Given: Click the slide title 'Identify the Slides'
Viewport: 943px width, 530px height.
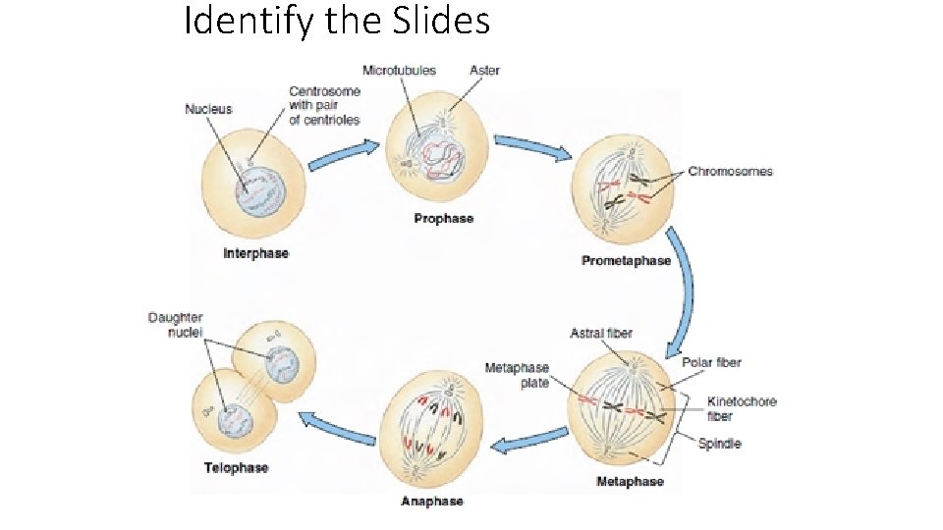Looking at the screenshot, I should pos(337,22).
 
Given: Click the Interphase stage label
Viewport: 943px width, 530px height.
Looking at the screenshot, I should pos(256,253).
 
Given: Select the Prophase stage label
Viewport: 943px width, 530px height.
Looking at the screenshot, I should pos(443,218).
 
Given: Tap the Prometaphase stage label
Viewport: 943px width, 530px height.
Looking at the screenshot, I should pos(626,261).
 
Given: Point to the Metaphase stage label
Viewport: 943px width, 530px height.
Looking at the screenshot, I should pos(630,482).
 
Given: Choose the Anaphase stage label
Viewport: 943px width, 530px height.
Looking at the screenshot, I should pos(431,502).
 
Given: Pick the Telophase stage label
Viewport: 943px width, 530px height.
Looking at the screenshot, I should pos(236,467).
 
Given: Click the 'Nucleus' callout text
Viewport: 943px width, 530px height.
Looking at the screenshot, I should pos(209,109).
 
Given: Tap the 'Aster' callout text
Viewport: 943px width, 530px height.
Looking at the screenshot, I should pos(484,71).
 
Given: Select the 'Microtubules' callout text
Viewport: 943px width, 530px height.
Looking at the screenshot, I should pos(399,71).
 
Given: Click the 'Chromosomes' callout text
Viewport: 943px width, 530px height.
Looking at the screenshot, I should pos(730,172).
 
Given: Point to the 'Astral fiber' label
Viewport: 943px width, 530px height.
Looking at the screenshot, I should pos(601,334).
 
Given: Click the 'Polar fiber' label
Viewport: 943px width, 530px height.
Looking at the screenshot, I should pos(711,363).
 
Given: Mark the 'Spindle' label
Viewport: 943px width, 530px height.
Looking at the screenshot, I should pos(719,444).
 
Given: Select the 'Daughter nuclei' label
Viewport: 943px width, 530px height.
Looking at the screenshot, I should pos(176,325).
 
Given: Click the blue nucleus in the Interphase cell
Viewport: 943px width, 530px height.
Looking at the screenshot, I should pos(257,188).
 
